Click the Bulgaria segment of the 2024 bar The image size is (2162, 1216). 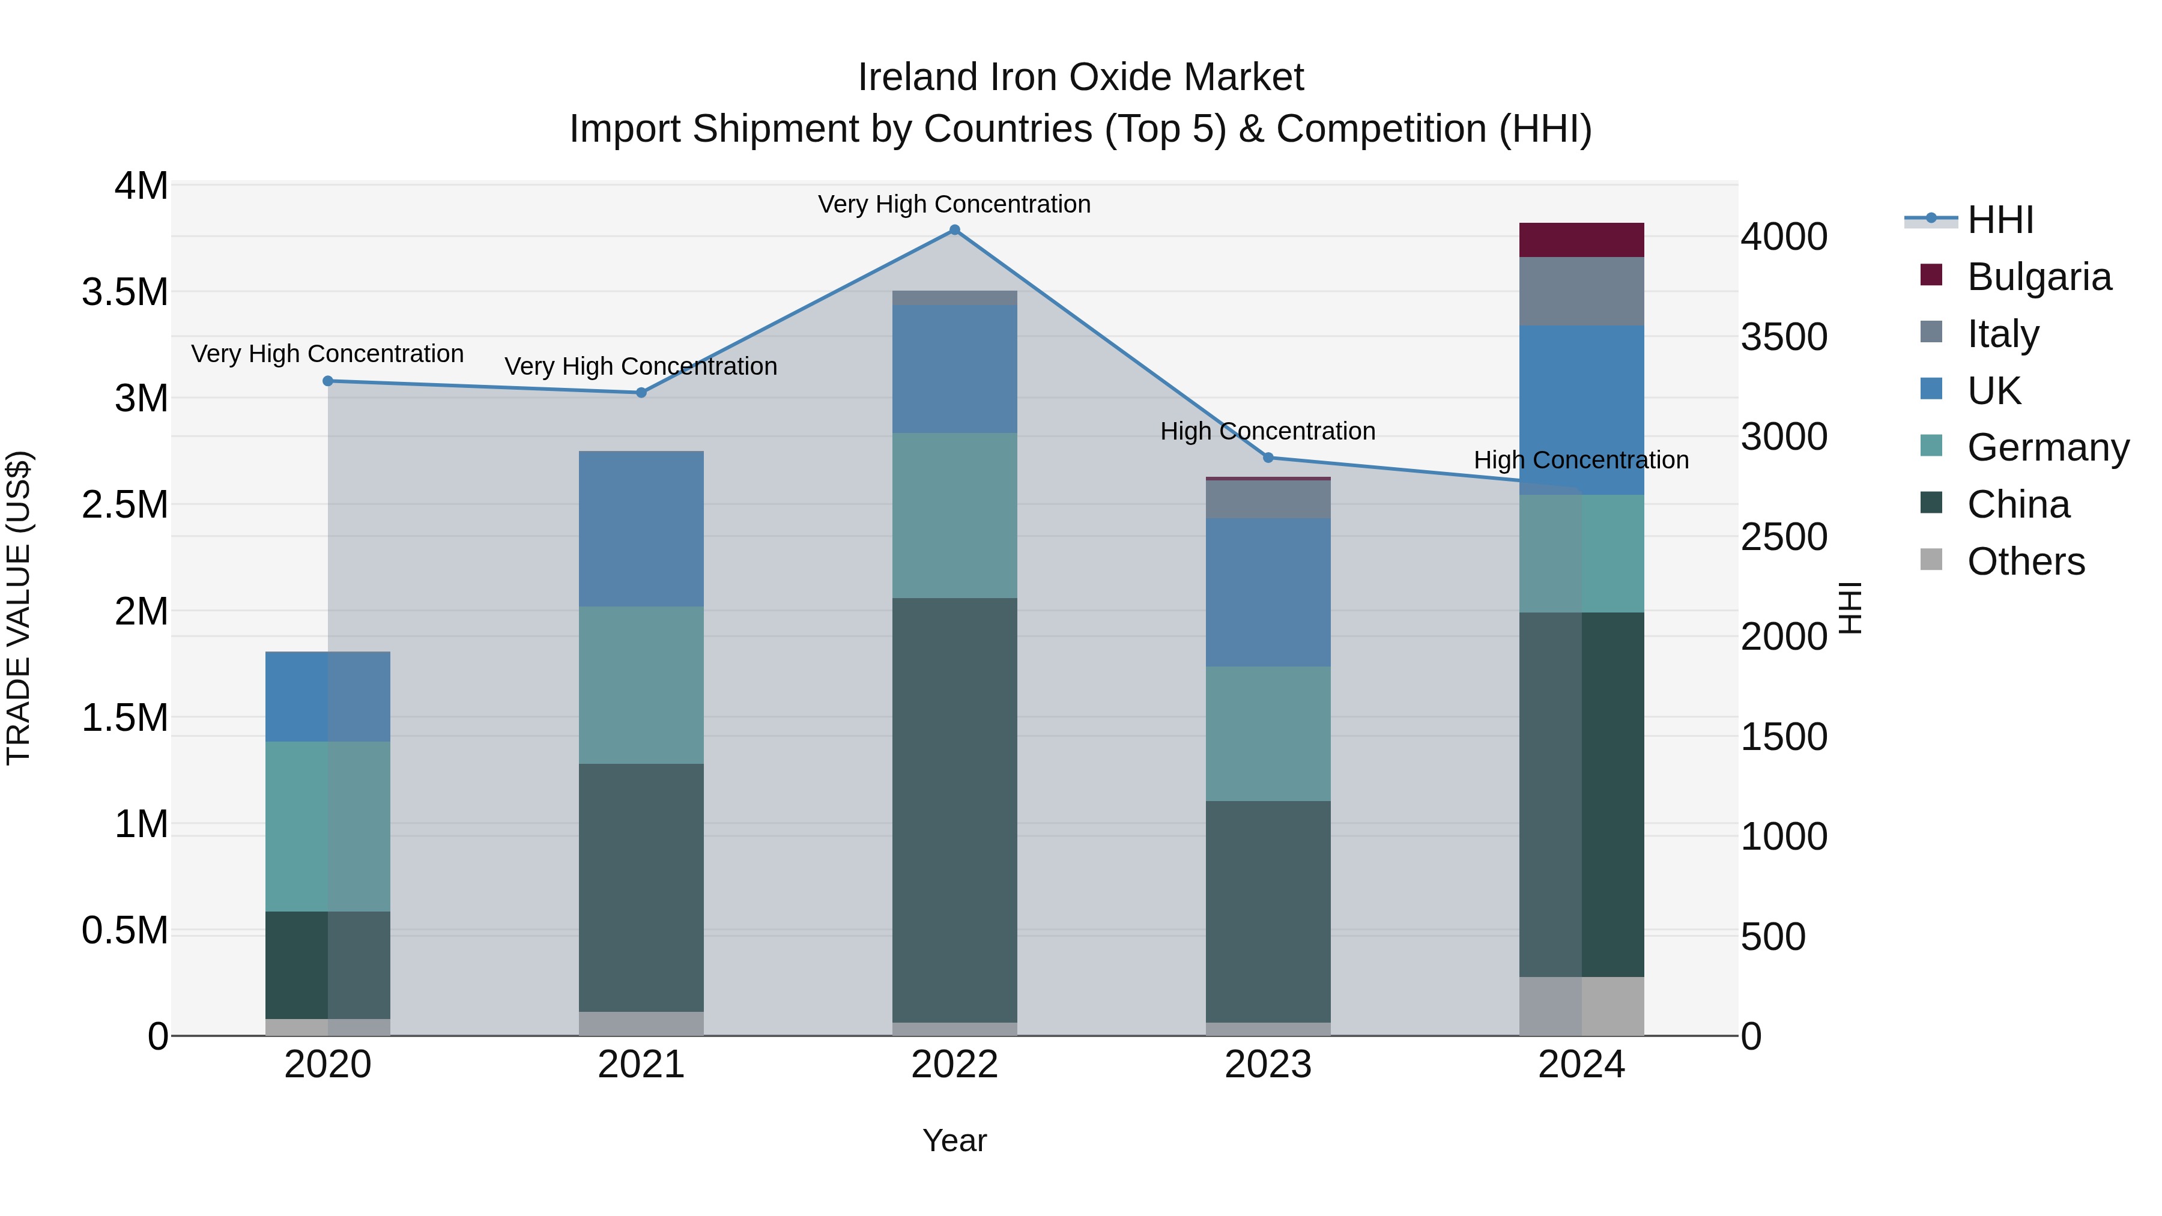[1581, 240]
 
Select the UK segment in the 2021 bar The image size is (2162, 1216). [641, 528]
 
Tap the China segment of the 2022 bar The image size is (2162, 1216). [954, 810]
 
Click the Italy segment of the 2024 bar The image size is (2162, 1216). [1581, 291]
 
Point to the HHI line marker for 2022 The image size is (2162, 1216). [954, 230]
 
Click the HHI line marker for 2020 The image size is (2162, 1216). [328, 381]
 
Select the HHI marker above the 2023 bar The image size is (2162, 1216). [1268, 458]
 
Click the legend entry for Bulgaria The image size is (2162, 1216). [2039, 277]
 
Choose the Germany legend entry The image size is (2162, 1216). [2048, 447]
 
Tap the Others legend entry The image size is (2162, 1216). [2025, 561]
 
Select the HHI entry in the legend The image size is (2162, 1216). [2000, 220]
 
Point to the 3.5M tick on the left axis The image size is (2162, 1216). [125, 292]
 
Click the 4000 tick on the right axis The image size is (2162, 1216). [1784, 237]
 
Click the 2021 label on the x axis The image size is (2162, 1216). [641, 1065]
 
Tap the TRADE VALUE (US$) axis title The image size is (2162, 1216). [19, 608]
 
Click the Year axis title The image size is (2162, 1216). [954, 1140]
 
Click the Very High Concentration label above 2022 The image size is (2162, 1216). [954, 204]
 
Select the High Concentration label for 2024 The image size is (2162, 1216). [1581, 460]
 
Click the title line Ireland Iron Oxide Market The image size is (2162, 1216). [1080, 77]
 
